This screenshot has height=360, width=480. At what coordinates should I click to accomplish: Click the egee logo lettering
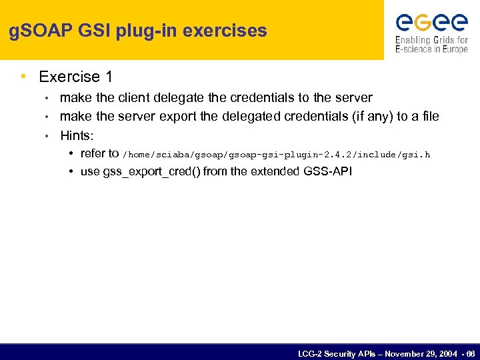point(431,23)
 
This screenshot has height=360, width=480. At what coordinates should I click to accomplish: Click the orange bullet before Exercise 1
point(25,77)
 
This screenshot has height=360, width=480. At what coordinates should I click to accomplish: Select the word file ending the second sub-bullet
point(429,117)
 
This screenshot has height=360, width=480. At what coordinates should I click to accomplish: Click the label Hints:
point(77,135)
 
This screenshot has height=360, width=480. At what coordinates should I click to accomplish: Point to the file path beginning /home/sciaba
point(277,155)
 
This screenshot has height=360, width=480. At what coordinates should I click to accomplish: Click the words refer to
point(99,154)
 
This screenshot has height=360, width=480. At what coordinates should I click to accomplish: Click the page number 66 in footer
point(471,353)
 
